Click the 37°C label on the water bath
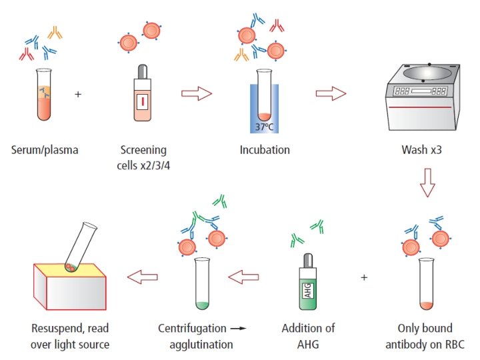264,127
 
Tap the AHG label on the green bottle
307,290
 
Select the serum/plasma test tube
44,94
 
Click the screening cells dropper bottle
143,93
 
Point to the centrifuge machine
423,97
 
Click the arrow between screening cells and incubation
197,93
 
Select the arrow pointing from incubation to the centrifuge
331,93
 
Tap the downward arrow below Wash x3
427,183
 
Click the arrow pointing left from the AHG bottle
243,277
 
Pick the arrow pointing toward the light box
143,277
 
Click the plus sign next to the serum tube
78,94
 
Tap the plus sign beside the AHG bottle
364,277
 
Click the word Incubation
265,150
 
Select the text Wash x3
421,150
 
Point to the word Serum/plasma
45,150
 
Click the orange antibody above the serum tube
55,33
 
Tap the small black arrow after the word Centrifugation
239,329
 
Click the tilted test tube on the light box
81,247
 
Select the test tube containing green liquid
202,283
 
